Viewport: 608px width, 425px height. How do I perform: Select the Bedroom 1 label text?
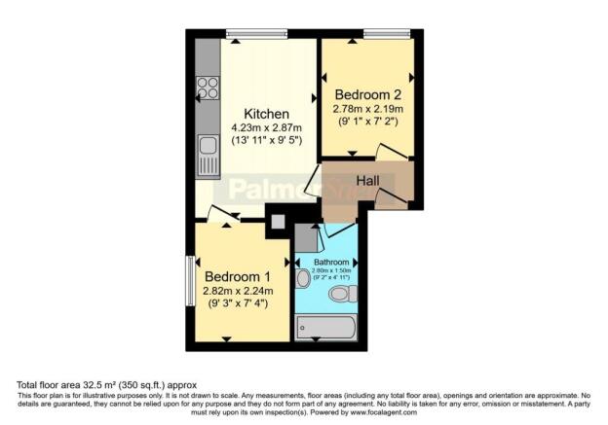237,275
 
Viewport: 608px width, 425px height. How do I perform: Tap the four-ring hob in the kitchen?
208,89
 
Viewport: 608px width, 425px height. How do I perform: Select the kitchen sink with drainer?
208,154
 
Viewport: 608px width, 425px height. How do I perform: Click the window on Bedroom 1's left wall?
191,279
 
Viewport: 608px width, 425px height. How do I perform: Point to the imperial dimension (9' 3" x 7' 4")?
237,304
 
